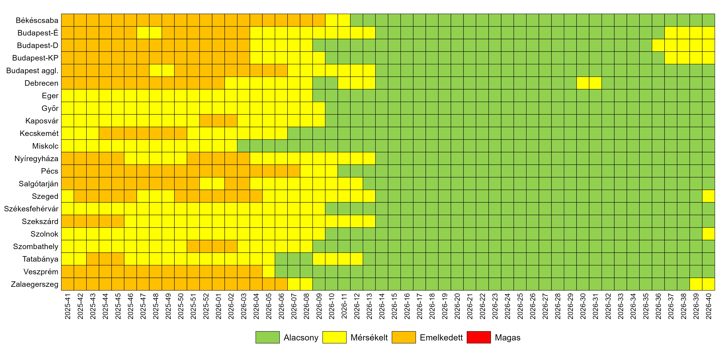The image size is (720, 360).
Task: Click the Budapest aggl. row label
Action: click(x=32, y=71)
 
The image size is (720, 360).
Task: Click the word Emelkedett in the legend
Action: click(x=441, y=338)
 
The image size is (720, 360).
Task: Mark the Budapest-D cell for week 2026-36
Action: click(x=658, y=45)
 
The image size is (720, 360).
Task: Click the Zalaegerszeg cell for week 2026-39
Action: click(x=696, y=284)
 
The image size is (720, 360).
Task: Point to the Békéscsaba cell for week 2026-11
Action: click(x=344, y=20)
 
